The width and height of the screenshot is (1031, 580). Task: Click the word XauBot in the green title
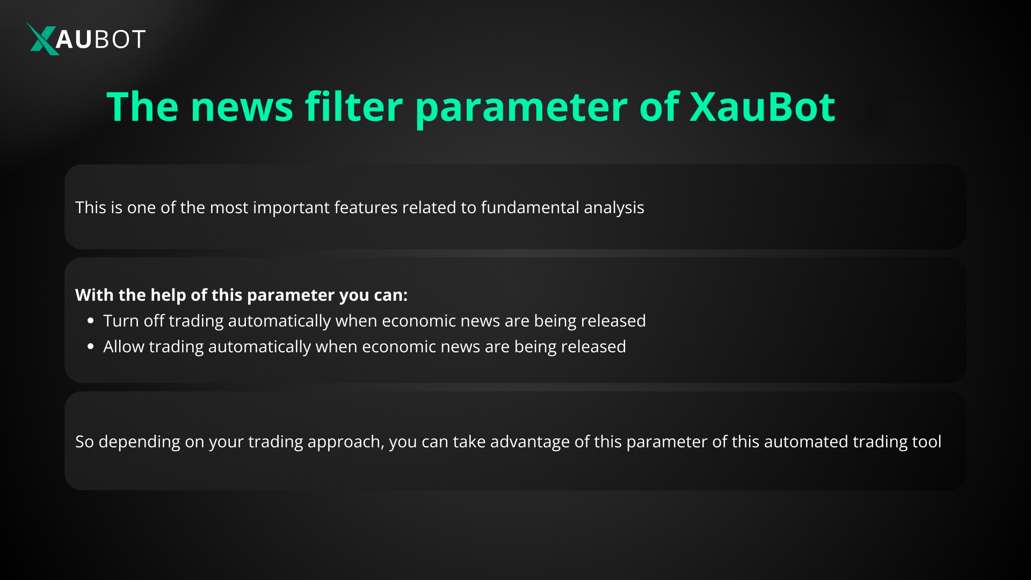coord(762,107)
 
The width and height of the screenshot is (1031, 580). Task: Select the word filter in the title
coord(353,107)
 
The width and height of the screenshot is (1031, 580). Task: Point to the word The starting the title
coord(142,107)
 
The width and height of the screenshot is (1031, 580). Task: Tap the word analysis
coord(614,208)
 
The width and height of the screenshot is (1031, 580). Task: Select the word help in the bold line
coord(169,295)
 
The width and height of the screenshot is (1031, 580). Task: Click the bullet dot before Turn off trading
coord(90,321)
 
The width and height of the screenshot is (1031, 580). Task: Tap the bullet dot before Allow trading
coord(90,346)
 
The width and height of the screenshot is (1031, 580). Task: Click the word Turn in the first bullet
coord(121,321)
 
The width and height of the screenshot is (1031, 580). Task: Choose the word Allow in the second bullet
coord(124,346)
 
